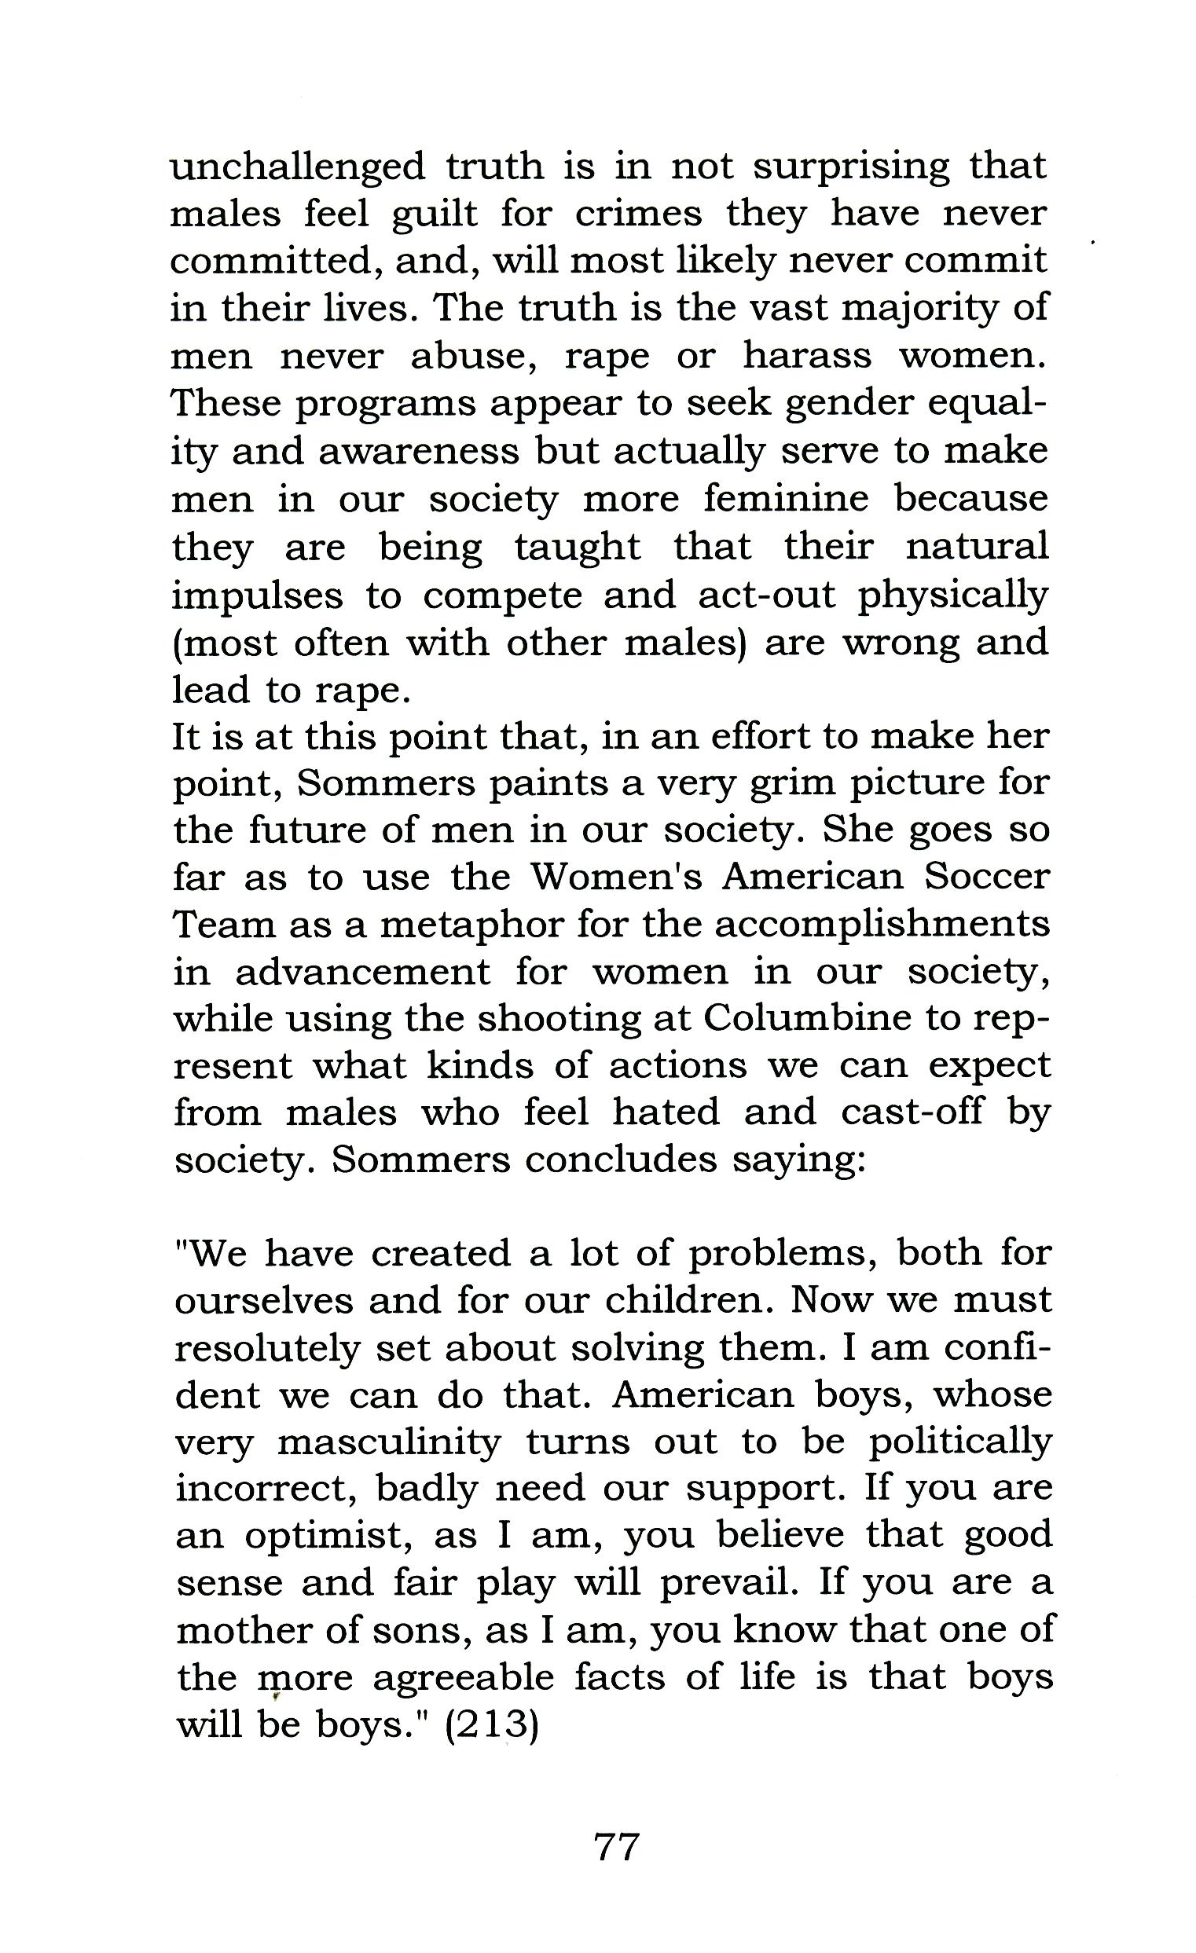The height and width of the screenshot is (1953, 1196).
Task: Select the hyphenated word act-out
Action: [x=766, y=595]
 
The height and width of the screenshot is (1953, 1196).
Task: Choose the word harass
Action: [x=807, y=357]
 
